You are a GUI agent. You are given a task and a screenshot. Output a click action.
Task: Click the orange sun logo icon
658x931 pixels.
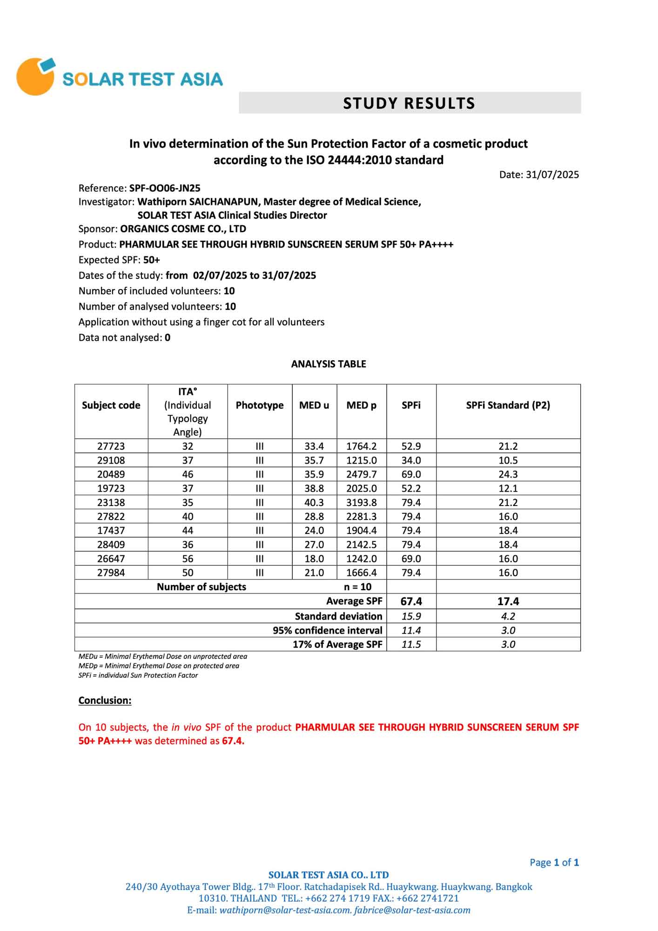(x=35, y=77)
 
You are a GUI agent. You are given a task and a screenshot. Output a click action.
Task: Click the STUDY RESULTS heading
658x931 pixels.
(x=409, y=103)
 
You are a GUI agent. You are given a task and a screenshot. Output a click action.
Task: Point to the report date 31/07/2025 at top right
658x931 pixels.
(x=552, y=175)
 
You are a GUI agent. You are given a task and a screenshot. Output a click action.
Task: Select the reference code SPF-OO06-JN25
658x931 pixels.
(x=165, y=188)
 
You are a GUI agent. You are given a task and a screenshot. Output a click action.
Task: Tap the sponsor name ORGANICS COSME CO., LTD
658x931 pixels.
(x=183, y=229)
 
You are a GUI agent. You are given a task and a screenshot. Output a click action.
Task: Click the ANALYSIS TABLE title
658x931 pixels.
(x=329, y=364)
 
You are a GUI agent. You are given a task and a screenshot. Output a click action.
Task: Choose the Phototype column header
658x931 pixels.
(x=260, y=405)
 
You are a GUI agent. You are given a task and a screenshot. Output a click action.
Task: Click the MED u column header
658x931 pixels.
(x=314, y=405)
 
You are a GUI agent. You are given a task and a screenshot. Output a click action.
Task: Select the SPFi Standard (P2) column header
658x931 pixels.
(x=508, y=405)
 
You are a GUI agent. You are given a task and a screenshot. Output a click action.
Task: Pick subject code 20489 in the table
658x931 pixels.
(x=111, y=474)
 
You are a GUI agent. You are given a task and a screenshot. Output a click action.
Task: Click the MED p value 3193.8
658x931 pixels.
(x=362, y=502)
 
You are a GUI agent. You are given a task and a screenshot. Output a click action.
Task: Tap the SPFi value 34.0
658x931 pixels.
(x=411, y=460)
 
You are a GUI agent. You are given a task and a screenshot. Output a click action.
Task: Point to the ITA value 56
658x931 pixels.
(x=188, y=559)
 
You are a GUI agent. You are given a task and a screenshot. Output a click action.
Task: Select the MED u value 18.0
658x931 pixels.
(x=314, y=559)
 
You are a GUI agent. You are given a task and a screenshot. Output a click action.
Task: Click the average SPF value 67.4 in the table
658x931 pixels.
(x=411, y=601)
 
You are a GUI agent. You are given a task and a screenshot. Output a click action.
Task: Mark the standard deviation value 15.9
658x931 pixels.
(x=411, y=616)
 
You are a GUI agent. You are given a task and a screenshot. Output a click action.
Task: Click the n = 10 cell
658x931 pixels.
(x=357, y=587)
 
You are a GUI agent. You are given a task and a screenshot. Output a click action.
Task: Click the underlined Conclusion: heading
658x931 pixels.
(x=105, y=701)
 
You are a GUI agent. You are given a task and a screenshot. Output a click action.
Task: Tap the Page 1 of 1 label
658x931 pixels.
(x=554, y=863)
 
